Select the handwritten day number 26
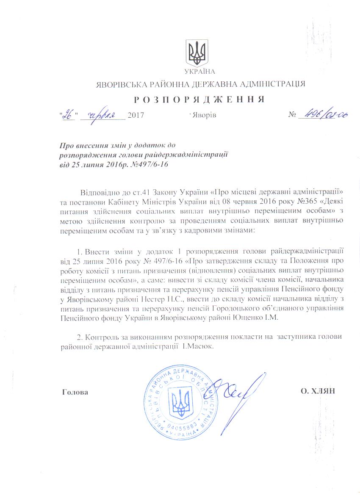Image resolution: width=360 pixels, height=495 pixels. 68,114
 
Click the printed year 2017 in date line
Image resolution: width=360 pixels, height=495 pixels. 136,115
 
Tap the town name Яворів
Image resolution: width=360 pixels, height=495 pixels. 205,115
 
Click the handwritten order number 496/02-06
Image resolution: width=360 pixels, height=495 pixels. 322,115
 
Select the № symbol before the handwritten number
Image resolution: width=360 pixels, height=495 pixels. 292,115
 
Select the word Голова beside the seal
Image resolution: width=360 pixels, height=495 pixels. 75,392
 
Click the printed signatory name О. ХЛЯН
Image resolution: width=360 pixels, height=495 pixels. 318,391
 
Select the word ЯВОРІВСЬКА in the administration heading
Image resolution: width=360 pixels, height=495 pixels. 119,84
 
